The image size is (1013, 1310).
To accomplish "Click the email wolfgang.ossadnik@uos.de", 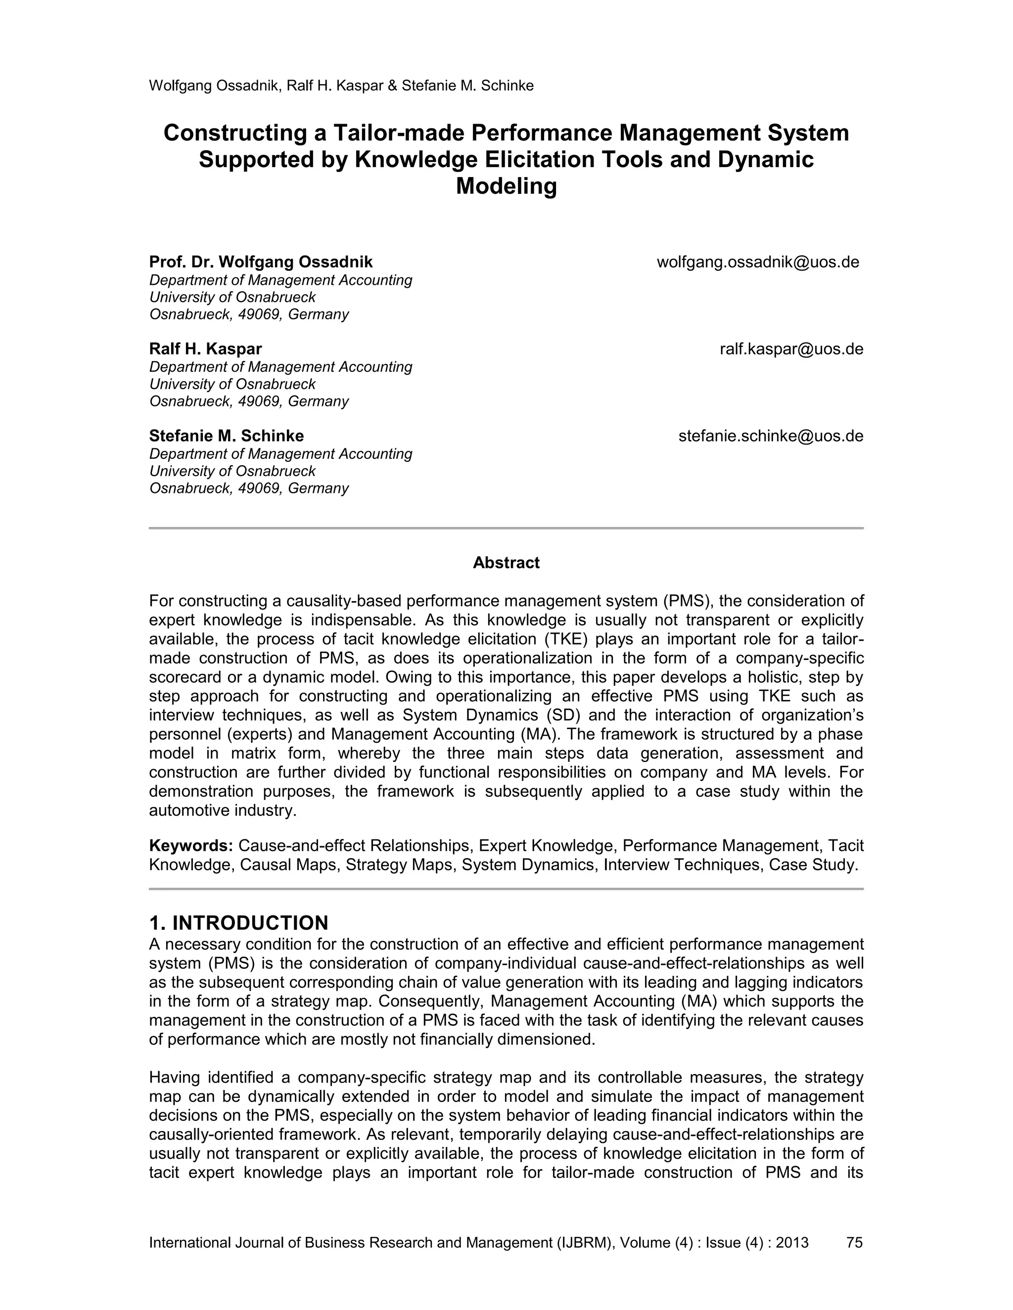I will click(x=758, y=262).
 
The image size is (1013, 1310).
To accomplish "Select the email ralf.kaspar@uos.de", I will click(x=791, y=349).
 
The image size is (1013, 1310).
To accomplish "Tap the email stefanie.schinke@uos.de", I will click(x=771, y=436).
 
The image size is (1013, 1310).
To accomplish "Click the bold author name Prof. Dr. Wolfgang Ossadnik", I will click(x=261, y=262).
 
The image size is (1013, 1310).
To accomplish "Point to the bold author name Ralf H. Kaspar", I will click(x=205, y=349).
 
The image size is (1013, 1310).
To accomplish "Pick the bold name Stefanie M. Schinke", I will click(x=226, y=436).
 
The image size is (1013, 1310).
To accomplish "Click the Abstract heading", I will click(x=506, y=563).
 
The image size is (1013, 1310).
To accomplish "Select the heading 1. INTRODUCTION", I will click(x=238, y=922).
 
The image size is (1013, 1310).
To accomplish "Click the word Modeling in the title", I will click(x=506, y=186).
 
